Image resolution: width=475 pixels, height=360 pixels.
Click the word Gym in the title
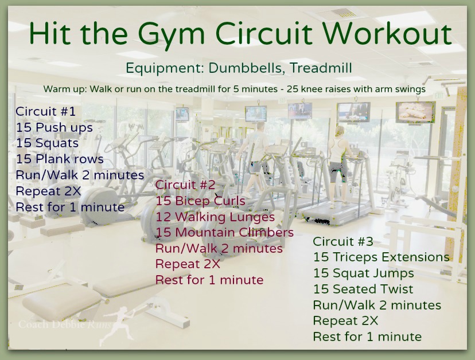[x=172, y=35]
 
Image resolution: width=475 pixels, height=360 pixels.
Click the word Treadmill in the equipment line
[x=321, y=68]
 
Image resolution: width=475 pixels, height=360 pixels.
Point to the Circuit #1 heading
[x=45, y=111]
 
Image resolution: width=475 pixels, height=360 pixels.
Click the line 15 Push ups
[x=54, y=128]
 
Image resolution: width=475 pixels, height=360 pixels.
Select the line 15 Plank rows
[x=60, y=159]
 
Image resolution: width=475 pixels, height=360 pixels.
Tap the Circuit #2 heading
[x=185, y=185]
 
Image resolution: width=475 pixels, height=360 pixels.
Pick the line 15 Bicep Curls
[x=200, y=201]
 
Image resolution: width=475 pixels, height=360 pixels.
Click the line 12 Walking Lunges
[x=215, y=217]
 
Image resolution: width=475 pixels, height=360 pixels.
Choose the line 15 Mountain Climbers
[x=224, y=232]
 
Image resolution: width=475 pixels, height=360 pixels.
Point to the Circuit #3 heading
[x=343, y=241]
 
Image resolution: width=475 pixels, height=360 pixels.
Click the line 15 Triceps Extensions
[x=381, y=257]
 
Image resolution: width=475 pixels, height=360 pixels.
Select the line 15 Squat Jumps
[x=364, y=273]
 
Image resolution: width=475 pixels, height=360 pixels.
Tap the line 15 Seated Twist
[x=363, y=289]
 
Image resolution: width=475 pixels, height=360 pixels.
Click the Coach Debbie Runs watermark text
[x=64, y=324]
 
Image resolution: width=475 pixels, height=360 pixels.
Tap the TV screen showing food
[x=415, y=112]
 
